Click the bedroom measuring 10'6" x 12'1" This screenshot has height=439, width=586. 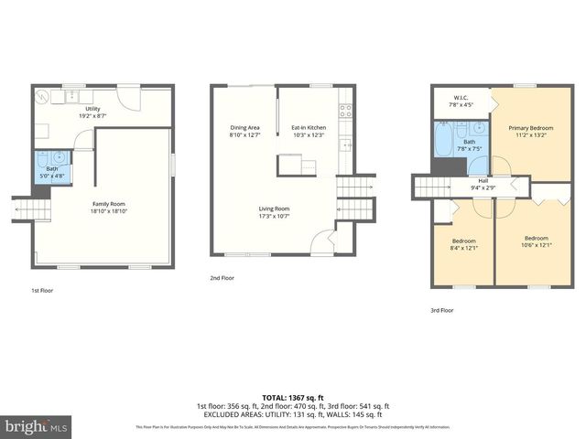coord(536,242)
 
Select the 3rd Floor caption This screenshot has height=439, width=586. coord(442,310)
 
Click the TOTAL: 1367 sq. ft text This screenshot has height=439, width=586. coord(292,396)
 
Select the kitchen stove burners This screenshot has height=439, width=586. coord(345,112)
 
